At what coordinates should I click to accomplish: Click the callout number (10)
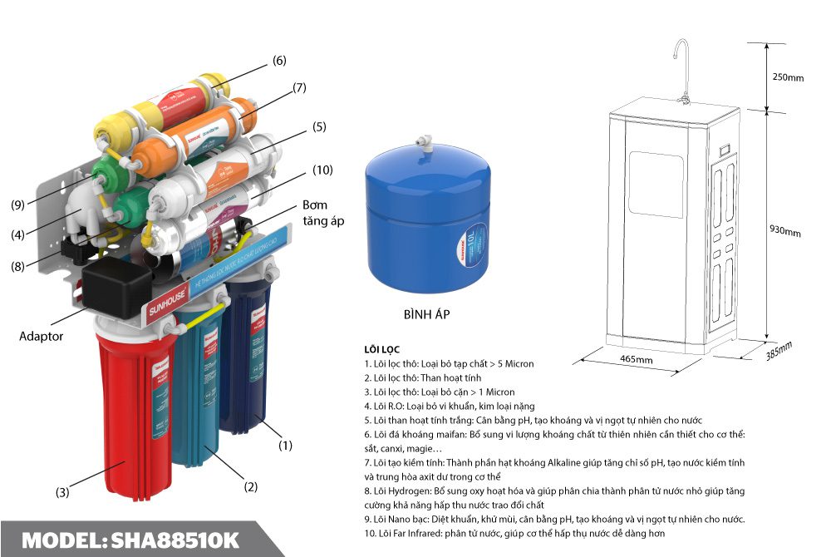[322, 170]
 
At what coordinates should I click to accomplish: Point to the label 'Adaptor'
[42, 337]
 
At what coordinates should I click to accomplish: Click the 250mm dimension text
[788, 77]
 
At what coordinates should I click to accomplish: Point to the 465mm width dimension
[637, 360]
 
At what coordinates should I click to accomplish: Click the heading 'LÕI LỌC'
[383, 349]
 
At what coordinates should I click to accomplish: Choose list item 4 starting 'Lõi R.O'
[449, 406]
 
